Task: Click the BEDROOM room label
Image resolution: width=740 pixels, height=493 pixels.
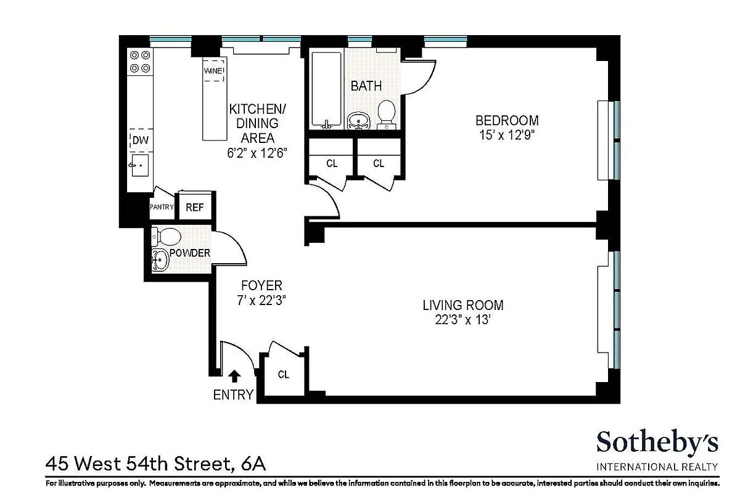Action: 507,121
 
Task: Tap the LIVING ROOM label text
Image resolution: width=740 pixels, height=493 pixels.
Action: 462,305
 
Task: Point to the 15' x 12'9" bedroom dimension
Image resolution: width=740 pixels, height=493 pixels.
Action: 507,136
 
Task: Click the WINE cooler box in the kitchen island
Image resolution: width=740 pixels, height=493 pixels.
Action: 214,72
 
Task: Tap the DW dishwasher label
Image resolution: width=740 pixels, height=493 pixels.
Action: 141,141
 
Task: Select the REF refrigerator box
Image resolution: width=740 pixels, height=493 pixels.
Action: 195,208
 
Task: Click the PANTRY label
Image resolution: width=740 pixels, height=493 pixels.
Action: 162,208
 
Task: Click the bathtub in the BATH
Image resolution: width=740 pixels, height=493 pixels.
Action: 326,89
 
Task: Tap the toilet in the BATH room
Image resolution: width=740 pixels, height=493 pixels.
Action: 386,114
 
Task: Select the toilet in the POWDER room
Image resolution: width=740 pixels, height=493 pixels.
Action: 167,236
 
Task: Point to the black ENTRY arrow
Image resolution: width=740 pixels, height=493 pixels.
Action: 234,376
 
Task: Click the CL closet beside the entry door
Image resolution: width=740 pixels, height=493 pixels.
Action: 283,374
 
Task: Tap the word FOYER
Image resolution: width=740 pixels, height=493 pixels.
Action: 261,286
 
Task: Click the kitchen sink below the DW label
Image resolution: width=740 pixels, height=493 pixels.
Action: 139,165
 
